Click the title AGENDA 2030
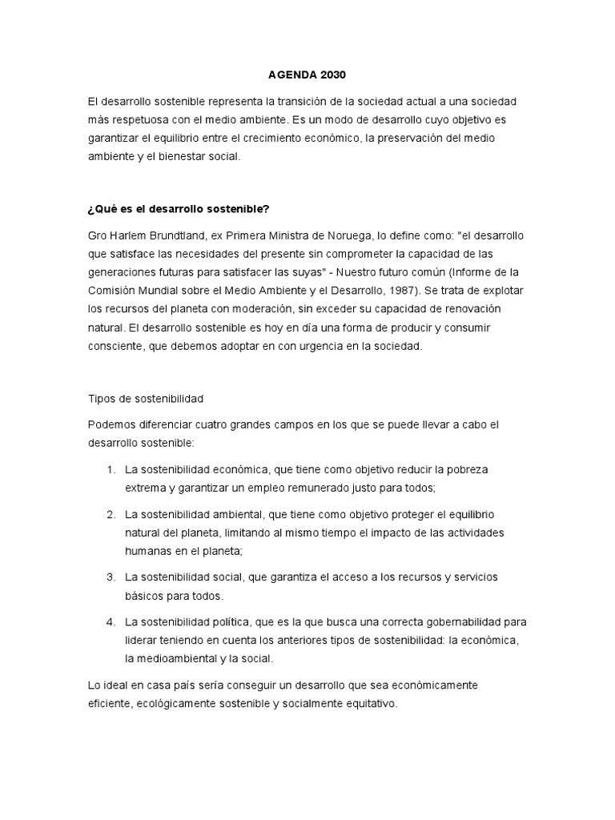307,75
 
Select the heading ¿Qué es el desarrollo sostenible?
179,209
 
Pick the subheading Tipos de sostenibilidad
146,398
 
